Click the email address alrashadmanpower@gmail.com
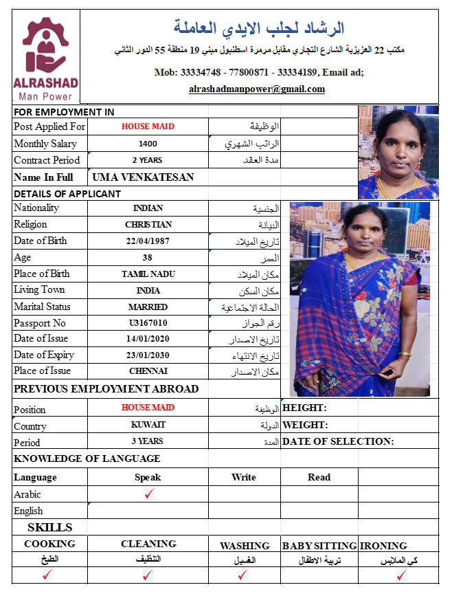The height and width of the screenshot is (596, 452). (257, 89)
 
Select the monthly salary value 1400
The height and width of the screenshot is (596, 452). (148, 144)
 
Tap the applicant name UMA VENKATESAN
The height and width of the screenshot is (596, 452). (143, 177)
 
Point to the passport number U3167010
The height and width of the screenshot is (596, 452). (148, 323)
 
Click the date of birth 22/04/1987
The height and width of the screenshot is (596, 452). (148, 241)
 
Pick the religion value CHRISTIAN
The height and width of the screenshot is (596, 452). (148, 225)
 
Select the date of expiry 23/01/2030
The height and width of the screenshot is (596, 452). (148, 355)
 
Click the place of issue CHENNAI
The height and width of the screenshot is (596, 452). (148, 371)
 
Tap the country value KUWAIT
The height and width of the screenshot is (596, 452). (148, 425)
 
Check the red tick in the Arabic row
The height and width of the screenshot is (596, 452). (150, 494)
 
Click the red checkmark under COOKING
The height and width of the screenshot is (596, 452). (47, 576)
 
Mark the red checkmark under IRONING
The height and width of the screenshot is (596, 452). (402, 576)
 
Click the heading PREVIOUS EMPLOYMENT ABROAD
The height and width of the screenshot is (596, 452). (106, 389)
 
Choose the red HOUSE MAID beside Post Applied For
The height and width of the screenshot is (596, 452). (148, 126)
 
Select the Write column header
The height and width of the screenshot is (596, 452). (244, 477)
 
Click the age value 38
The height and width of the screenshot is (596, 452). (148, 258)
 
